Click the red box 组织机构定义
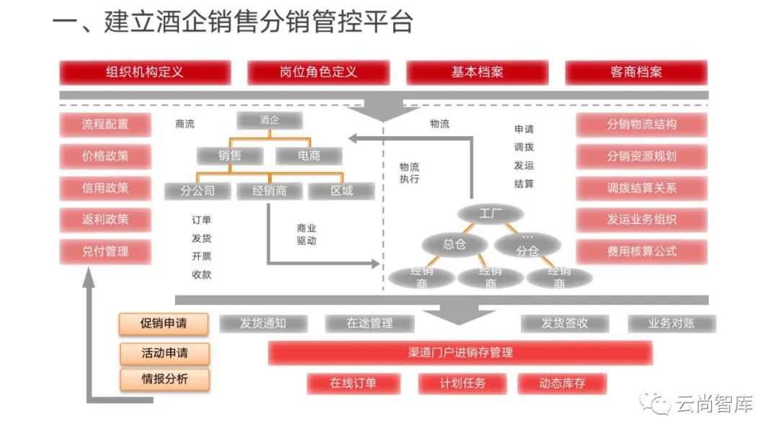145,72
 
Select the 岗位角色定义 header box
318,72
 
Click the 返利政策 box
105,219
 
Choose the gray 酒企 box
269,121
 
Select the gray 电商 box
309,155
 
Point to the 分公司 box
198,191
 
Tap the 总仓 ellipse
455,244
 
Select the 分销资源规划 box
641,156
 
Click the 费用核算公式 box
641,251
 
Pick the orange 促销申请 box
164,323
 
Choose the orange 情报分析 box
164,378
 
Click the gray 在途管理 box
370,323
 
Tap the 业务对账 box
671,323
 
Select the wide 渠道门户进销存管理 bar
460,352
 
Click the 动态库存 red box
563,383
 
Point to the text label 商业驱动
306,234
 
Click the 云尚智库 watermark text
714,405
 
